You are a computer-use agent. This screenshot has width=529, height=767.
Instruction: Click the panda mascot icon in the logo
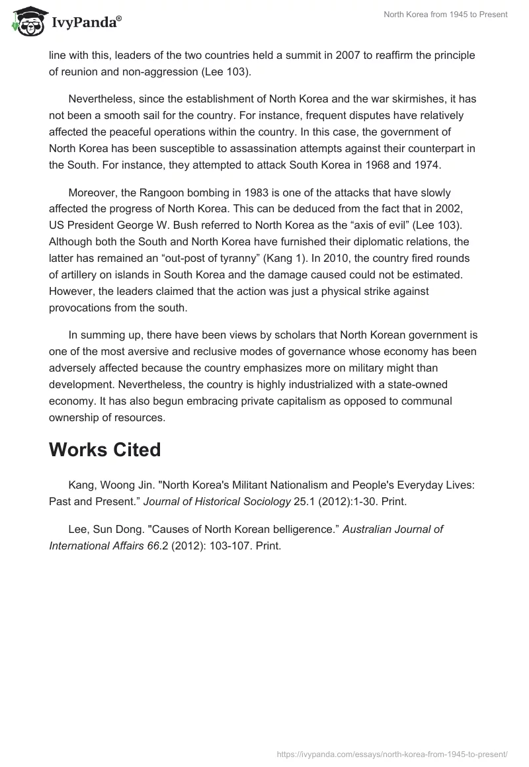(x=26, y=22)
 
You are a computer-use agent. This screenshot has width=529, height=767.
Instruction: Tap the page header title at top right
(x=445, y=15)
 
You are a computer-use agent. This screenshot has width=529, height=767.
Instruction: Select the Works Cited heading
(x=105, y=450)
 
